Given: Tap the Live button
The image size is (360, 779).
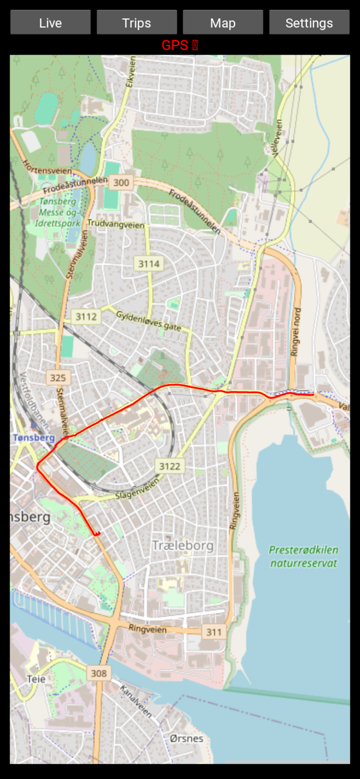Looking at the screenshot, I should click(50, 22).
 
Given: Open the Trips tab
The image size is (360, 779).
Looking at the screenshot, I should click(137, 22).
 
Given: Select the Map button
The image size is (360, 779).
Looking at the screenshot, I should click(223, 22).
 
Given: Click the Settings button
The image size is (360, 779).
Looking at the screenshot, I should click(309, 22).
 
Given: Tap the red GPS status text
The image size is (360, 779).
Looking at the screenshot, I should click(180, 45).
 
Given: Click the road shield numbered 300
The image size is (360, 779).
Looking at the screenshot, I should click(121, 183).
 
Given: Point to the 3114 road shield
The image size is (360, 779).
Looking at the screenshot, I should click(149, 264).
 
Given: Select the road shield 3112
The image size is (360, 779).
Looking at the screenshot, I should click(86, 317).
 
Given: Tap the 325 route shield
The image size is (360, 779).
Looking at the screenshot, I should click(58, 378).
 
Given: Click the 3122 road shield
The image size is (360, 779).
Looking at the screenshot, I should click(170, 466).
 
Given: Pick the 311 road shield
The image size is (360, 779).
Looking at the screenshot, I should click(214, 632).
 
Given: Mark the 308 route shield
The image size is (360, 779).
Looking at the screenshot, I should click(99, 674).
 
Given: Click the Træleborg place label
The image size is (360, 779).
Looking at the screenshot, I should click(183, 545).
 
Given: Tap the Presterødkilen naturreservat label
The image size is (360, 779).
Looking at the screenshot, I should click(303, 557).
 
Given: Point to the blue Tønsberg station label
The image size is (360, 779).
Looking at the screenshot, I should click(34, 438).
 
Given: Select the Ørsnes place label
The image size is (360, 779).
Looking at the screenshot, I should click(186, 738).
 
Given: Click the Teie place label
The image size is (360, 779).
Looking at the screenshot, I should click(36, 679).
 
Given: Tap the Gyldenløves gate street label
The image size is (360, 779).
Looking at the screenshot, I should click(148, 321).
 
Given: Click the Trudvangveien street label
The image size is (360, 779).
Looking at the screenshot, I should click(116, 224).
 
